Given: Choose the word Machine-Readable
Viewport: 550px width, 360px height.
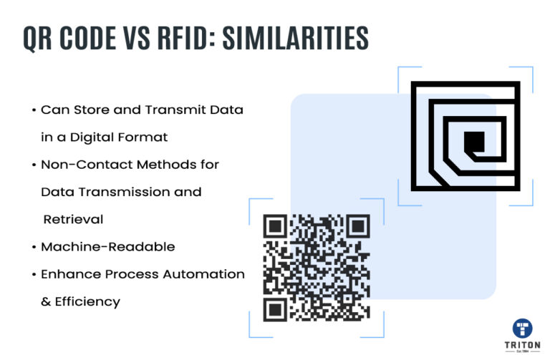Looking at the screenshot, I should [107, 246].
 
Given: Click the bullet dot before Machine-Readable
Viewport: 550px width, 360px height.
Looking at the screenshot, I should [34, 247].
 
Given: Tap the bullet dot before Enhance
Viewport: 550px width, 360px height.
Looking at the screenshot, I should [34, 274].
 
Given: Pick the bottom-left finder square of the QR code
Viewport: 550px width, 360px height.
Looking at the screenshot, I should [276, 308].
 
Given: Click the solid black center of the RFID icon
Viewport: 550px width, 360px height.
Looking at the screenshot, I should [473, 142].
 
